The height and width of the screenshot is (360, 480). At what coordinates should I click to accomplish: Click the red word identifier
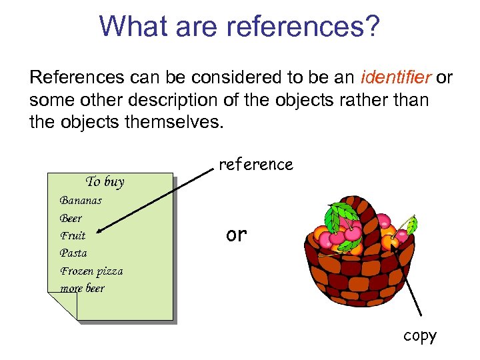(396, 78)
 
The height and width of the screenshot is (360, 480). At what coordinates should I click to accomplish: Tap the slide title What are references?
(239, 27)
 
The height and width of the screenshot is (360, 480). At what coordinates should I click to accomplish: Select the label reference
(256, 165)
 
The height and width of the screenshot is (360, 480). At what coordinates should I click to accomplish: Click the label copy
(419, 335)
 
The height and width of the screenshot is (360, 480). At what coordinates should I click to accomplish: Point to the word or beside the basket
(236, 235)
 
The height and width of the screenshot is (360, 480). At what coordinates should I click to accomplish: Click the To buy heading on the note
(105, 181)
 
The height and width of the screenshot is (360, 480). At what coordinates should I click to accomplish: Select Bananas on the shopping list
(81, 200)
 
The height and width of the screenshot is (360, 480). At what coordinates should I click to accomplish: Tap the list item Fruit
(73, 235)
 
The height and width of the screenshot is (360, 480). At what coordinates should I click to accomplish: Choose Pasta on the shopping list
(73, 253)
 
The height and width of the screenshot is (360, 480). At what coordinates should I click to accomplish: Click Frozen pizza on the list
(91, 271)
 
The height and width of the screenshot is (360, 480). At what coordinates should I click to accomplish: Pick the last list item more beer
(82, 288)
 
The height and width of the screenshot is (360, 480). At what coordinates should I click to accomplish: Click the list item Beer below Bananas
(71, 218)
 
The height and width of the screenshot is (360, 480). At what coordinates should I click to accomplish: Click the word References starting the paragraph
(77, 78)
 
